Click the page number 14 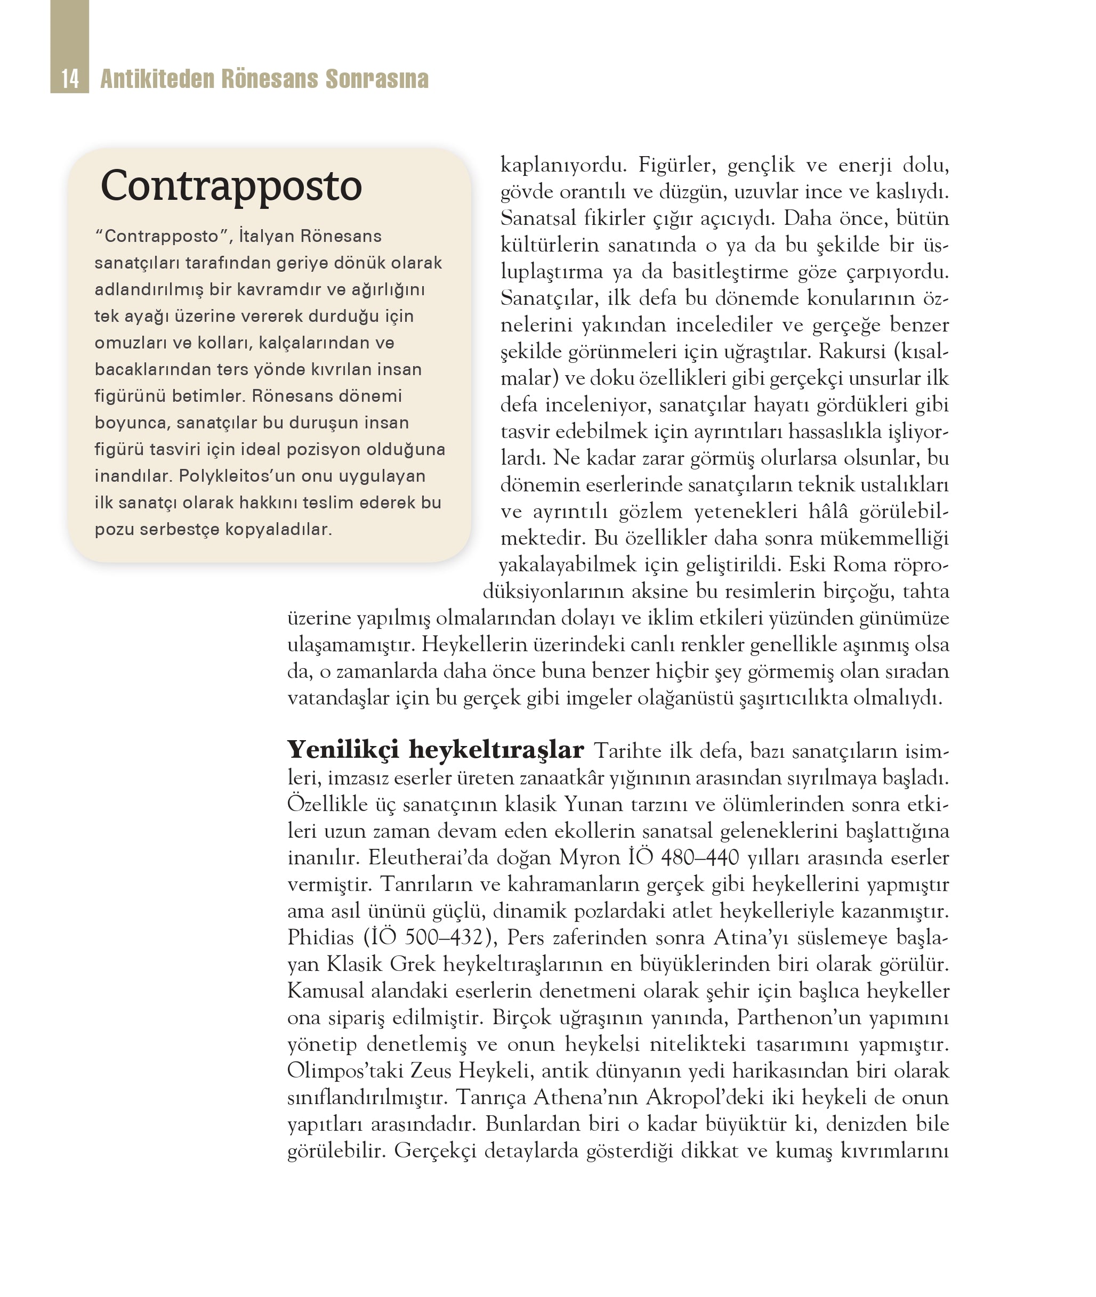[x=70, y=79]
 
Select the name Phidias [x=320, y=937]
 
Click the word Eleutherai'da [x=428, y=858]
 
